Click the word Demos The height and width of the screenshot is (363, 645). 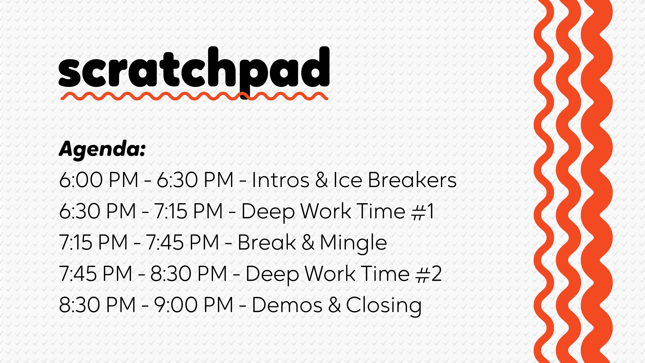[x=287, y=305]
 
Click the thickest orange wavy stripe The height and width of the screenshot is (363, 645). [x=597, y=181]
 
